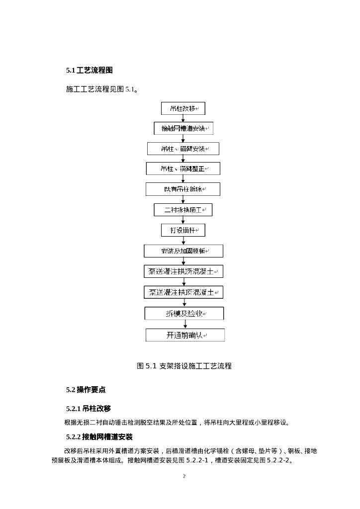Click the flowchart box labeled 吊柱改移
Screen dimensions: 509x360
pyautogui.click(x=183, y=108)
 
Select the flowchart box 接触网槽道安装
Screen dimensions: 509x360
pyautogui.click(x=183, y=129)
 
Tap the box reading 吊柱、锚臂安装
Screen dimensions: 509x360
pyautogui.click(x=183, y=149)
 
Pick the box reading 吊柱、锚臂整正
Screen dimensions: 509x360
pyautogui.click(x=183, y=169)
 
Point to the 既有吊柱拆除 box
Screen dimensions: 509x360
pyautogui.click(x=183, y=189)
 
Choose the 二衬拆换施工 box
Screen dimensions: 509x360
pyautogui.click(x=183, y=210)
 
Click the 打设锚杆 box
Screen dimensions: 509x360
pyautogui.click(x=183, y=230)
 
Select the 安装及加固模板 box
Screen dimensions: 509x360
pyautogui.click(x=183, y=251)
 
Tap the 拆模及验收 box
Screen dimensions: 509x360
pyautogui.click(x=184, y=314)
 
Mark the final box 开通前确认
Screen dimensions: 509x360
pyautogui.click(x=185, y=335)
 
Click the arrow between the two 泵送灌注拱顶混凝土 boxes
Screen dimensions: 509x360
pyautogui.click(x=183, y=282)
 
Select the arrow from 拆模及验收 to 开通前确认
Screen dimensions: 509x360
pyautogui.click(x=184, y=324)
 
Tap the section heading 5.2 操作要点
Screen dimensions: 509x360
pyautogui.click(x=86, y=390)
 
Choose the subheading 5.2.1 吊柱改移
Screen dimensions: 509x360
pyautogui.click(x=88, y=409)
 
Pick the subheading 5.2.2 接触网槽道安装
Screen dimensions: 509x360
pyautogui.click(x=99, y=437)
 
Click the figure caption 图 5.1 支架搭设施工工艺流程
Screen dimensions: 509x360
pyautogui.click(x=184, y=366)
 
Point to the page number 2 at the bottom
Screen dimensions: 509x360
pyautogui.click(x=184, y=476)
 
